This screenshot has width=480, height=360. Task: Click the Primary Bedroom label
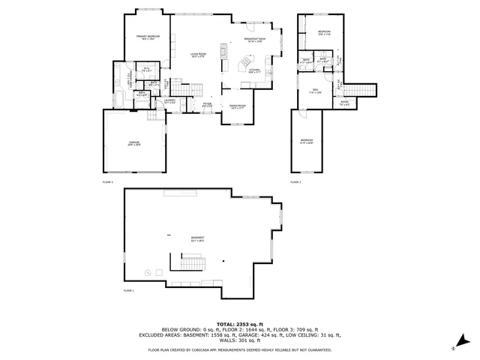coord(148,37)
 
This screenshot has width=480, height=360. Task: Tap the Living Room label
coord(198,55)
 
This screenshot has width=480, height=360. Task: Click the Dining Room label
coord(238,106)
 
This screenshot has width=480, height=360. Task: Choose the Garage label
coord(133,142)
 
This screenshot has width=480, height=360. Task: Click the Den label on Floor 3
coord(316,91)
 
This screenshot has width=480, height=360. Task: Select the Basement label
coord(198,239)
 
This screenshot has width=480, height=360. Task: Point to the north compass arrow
coord(454,347)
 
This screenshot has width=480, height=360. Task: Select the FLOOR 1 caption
coord(128,290)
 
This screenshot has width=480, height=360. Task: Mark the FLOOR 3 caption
coord(295,181)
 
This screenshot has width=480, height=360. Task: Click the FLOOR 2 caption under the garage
coord(108,181)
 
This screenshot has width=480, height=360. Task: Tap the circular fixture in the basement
coord(149,271)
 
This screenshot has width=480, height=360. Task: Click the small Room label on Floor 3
coord(344,103)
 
